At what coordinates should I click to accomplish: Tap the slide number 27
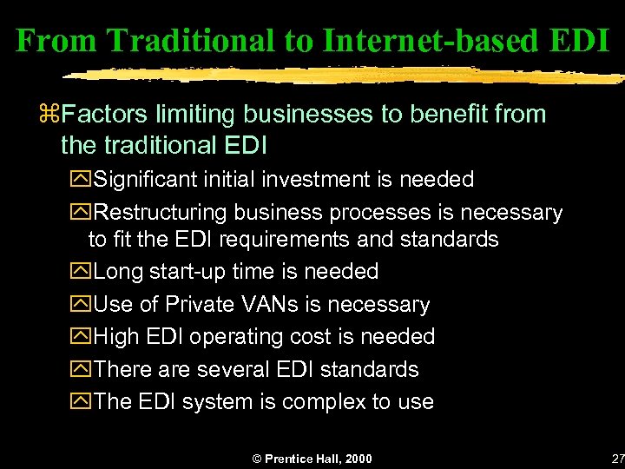[x=617, y=459]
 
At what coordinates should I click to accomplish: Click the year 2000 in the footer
[x=357, y=459]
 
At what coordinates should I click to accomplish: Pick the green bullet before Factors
[x=54, y=114]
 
